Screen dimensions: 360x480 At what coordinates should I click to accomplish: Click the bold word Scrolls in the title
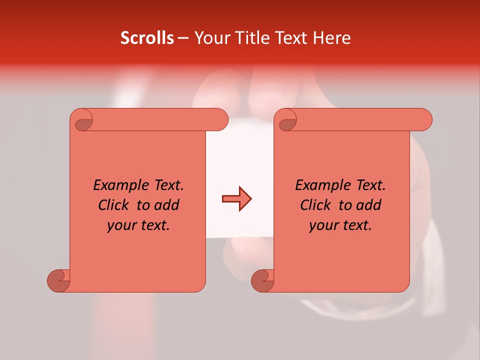pos(146,38)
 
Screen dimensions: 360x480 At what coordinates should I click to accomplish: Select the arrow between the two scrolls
pos(236,199)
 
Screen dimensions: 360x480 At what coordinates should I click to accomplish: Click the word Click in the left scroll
pos(113,205)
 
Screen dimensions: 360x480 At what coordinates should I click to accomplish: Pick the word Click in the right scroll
pos(315,205)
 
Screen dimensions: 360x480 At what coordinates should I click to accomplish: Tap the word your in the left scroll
pos(121,225)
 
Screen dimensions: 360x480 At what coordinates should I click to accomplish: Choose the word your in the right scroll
pos(323,225)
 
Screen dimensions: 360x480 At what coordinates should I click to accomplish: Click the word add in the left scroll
pos(166,205)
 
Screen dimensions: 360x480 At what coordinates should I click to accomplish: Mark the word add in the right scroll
pos(368,205)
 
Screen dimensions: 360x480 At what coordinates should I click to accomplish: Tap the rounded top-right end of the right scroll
pos(425,119)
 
